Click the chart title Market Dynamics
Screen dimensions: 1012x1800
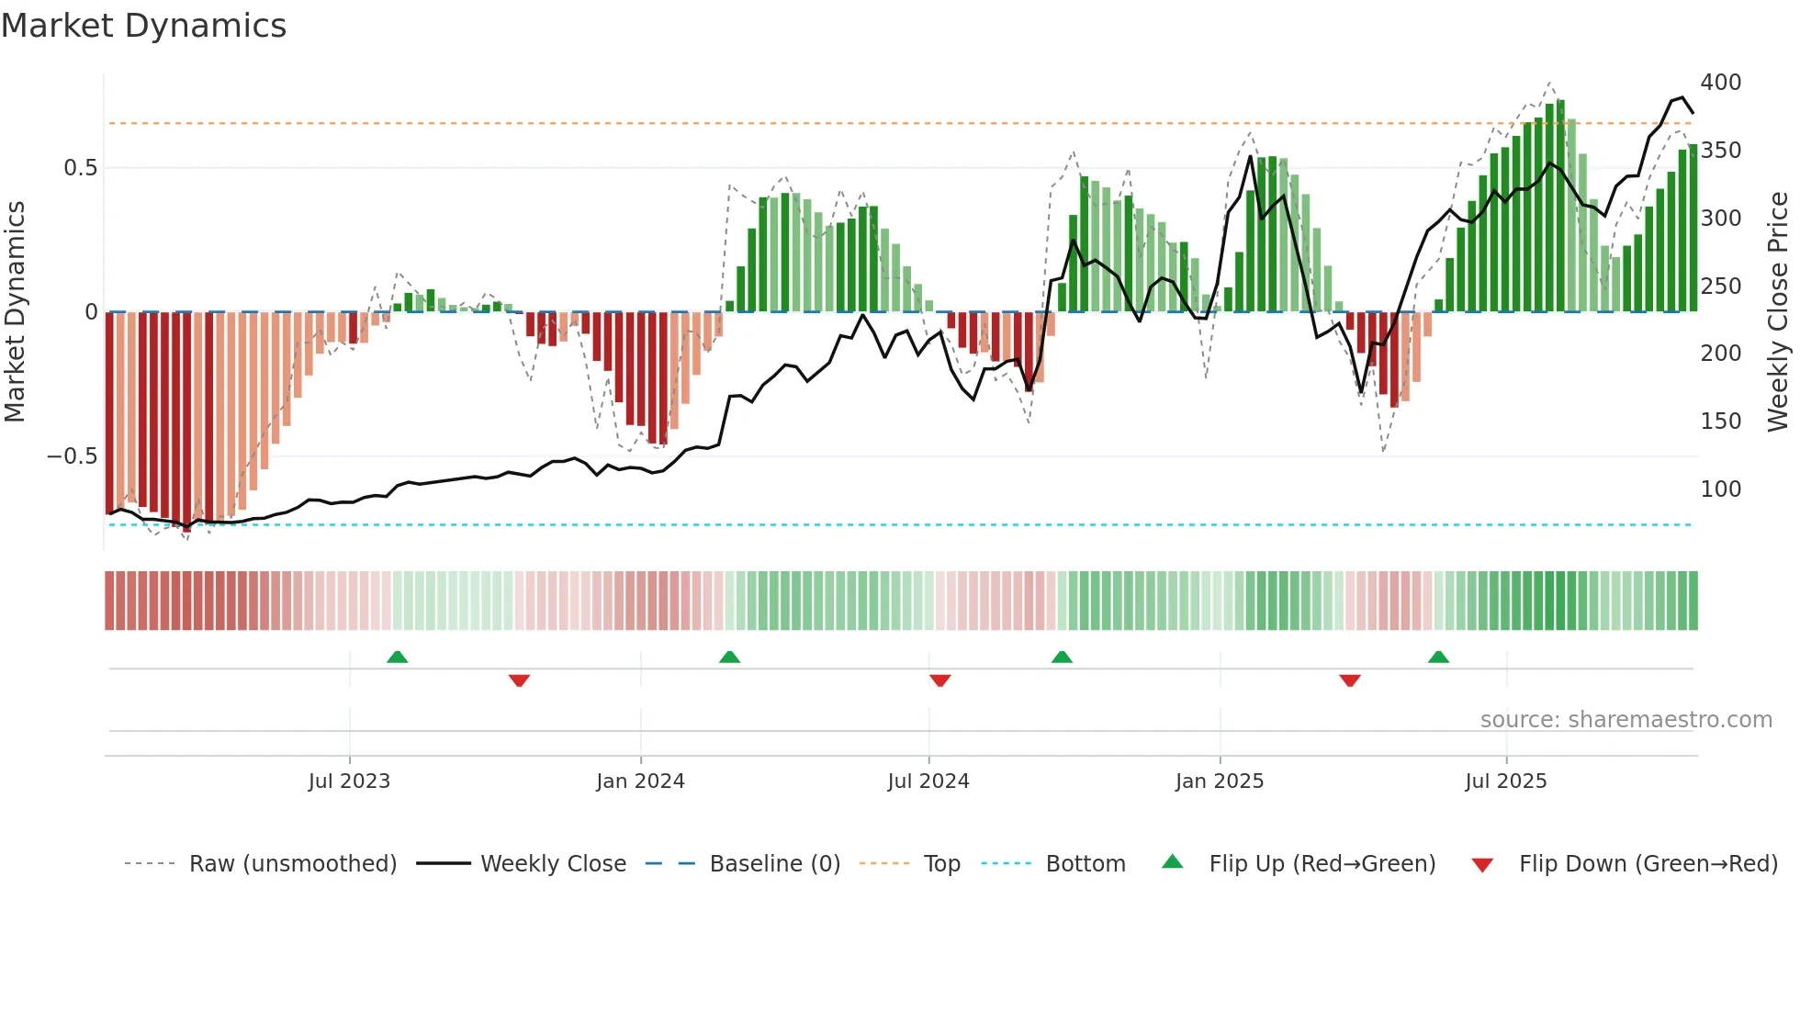[x=144, y=26]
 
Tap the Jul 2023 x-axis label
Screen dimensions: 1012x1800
[x=349, y=781]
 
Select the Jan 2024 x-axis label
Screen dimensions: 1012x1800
[x=640, y=781]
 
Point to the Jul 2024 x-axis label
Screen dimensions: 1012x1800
[x=928, y=781]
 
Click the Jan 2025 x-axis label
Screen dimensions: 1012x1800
[x=1220, y=781]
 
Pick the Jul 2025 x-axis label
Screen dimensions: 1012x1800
[x=1506, y=781]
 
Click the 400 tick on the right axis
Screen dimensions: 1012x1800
[x=1721, y=83]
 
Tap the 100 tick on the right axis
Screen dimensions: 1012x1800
[x=1721, y=489]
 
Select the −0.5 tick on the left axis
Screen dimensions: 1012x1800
[x=73, y=456]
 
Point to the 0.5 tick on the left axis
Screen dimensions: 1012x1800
[x=80, y=168]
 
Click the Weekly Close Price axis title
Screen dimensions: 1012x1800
[x=1778, y=312]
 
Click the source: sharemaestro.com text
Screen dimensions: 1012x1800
[x=1626, y=720]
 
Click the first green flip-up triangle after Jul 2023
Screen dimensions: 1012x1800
[x=397, y=658]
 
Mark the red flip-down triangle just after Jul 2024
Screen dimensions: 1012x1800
[x=939, y=680]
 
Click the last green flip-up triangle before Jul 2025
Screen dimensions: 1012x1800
[x=1438, y=658]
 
